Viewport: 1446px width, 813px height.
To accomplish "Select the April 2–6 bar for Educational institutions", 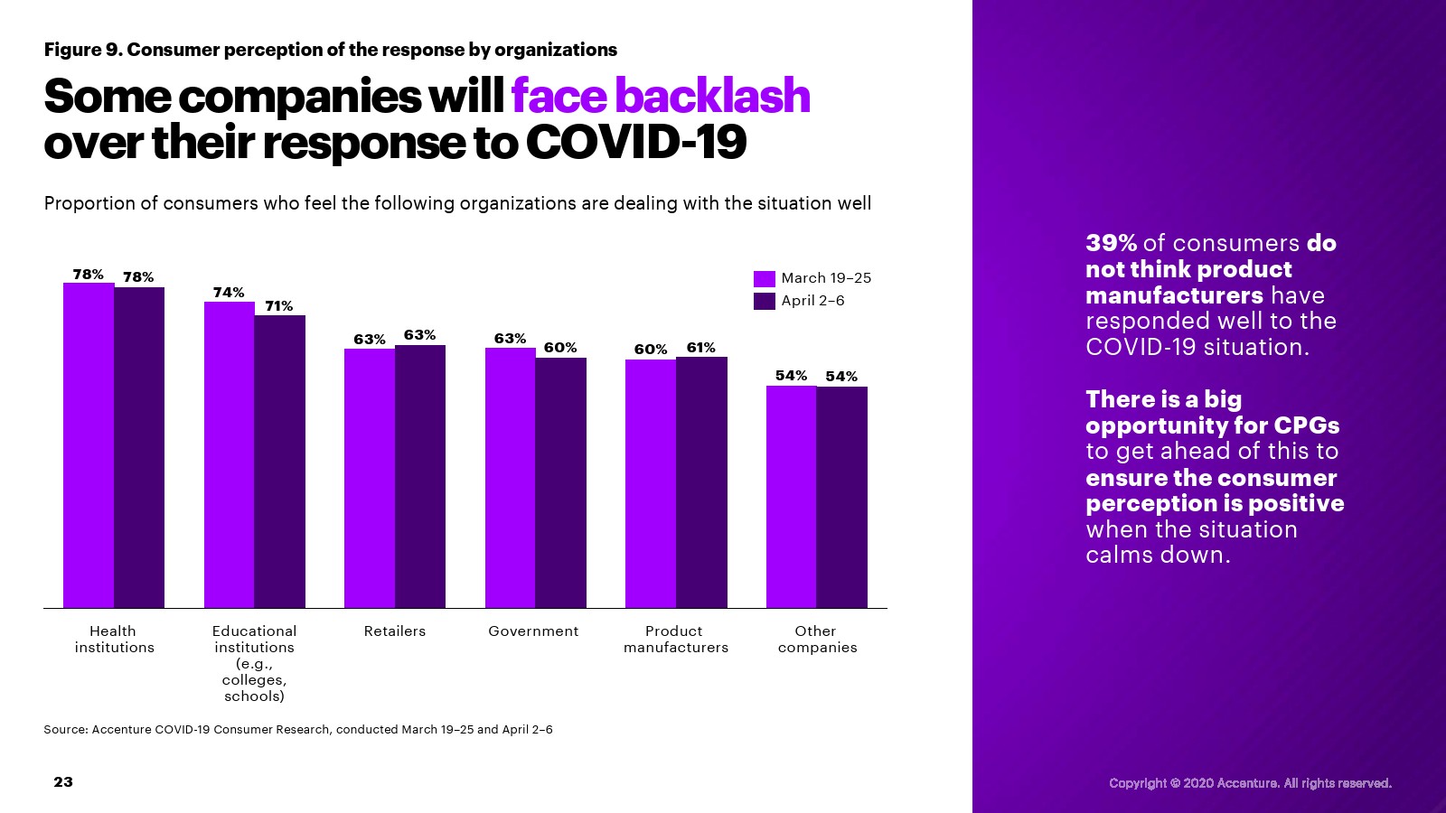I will coord(280,462).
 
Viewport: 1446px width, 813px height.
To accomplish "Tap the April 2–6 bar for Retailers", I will coord(420,476).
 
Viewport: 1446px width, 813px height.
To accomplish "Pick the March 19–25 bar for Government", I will coord(511,478).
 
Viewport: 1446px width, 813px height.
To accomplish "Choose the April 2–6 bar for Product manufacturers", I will coord(701,482).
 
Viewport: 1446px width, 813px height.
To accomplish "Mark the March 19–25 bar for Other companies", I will coord(792,497).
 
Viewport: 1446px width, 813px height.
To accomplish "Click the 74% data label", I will coord(229,293).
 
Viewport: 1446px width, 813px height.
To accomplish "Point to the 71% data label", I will coord(279,306).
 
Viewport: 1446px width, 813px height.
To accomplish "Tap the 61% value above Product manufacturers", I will coord(701,348).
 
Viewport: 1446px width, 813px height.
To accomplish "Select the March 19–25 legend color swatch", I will coord(765,278).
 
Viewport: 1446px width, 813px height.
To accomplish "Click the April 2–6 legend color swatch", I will coord(765,301).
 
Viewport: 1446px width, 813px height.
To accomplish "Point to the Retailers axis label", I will coord(395,631).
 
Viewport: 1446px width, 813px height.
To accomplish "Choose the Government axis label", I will coord(533,631).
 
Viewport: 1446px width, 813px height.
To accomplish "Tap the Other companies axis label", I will coord(817,640).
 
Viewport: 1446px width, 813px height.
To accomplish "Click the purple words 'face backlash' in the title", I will coord(661,96).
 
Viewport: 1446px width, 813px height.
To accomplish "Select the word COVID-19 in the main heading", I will coord(635,143).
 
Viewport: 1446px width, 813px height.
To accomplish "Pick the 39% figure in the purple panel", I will coord(1111,243).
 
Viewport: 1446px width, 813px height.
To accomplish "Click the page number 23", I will coord(63,782).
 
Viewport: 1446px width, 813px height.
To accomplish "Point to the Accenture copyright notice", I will coord(1250,783).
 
